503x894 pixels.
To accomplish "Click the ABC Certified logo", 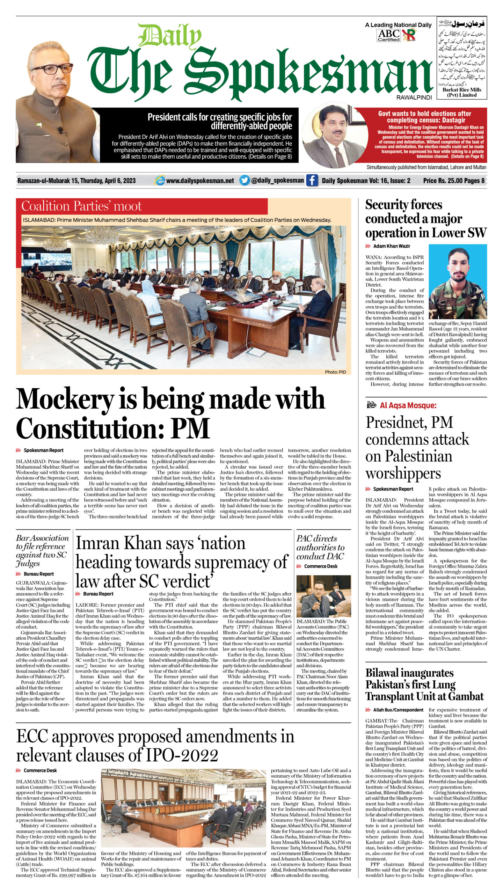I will point(388,35).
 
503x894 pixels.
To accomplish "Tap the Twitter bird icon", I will point(245,181).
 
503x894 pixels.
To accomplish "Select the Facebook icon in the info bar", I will point(312,181).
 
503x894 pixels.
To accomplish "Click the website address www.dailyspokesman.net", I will point(200,181).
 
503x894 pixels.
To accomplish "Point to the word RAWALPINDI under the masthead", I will point(414,97).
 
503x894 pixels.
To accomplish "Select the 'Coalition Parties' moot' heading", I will point(81,206).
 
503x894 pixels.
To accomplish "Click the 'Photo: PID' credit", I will point(335,372).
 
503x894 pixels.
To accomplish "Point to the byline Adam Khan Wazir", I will point(391,246).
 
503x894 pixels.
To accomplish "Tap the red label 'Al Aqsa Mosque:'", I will point(408,405).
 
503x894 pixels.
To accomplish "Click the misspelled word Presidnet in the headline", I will point(394,423).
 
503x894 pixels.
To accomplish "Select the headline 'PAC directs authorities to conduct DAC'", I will point(320,547).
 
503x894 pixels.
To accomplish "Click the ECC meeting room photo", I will point(183,808).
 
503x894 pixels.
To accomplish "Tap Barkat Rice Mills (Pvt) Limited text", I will point(461,92).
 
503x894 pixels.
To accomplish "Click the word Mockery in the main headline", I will point(65,400).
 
